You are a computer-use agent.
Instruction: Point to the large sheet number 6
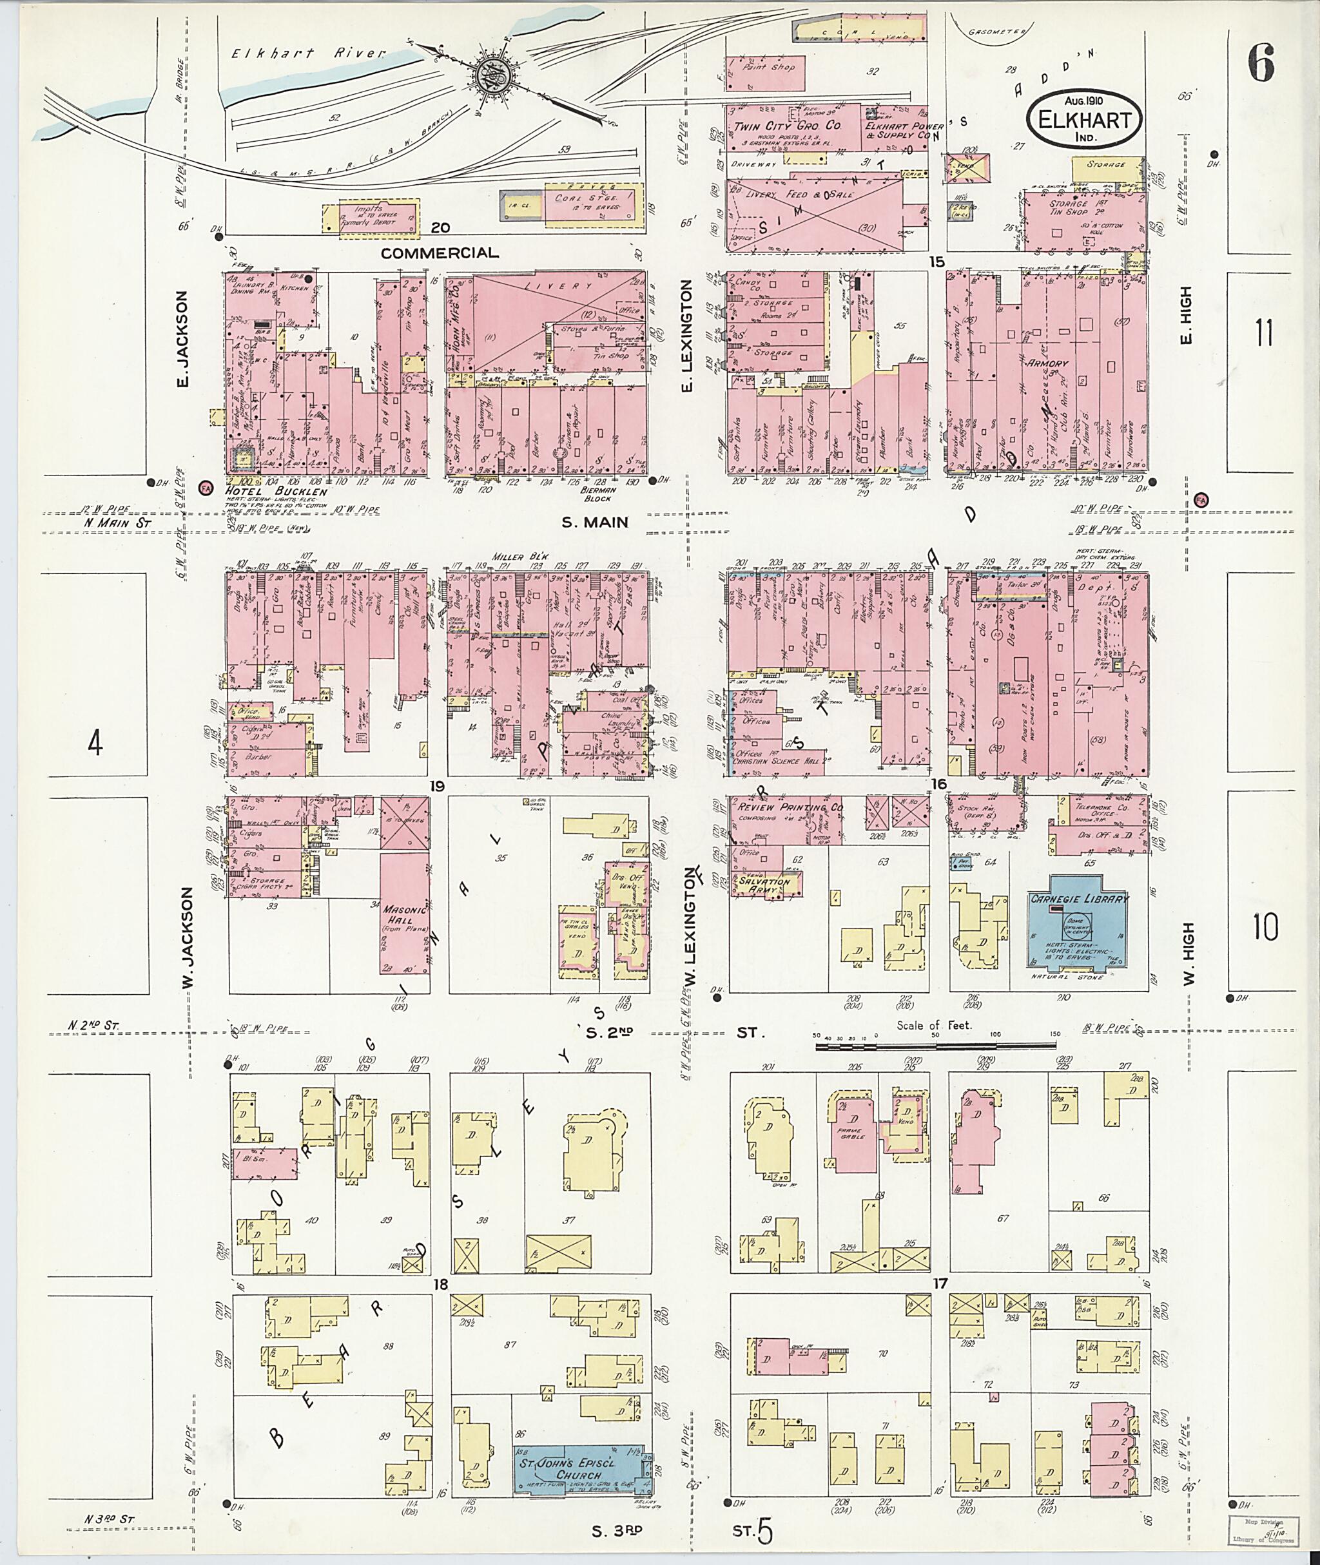pyautogui.click(x=1261, y=64)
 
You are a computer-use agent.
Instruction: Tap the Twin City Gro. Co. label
pyautogui.click(x=790, y=126)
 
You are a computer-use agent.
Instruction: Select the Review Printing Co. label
pyautogui.click(x=790, y=809)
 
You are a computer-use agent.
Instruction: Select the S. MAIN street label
pyautogui.click(x=595, y=523)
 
